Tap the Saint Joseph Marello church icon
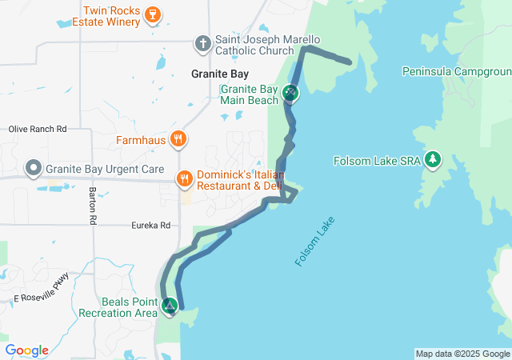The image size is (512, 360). point(204,42)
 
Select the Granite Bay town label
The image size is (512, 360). point(220,74)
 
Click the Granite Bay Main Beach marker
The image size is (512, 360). point(290,94)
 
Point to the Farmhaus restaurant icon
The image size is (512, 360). point(178,138)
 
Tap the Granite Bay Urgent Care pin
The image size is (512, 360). point(33,169)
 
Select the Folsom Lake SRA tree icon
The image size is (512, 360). point(434,159)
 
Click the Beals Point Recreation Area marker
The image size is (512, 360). point(170,305)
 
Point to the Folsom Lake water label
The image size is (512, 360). point(315,240)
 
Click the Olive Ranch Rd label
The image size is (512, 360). point(37,129)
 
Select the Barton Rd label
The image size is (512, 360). point(93,205)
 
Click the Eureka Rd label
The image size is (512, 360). point(151,226)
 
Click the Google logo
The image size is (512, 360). point(26,350)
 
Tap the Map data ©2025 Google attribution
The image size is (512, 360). point(462,354)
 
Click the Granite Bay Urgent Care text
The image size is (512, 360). point(105,170)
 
